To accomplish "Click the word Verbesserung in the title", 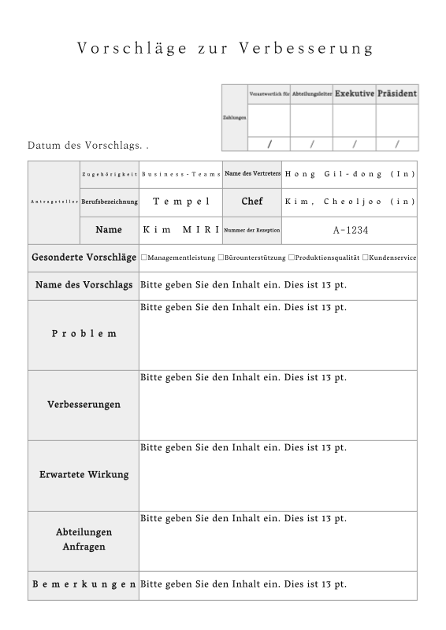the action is coord(314,48).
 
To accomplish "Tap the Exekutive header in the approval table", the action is coord(354,94).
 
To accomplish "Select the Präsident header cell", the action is coord(397,94).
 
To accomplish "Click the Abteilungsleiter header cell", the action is coord(311,94).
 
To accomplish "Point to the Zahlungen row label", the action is coord(235,117).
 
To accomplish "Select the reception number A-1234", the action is coord(350,230).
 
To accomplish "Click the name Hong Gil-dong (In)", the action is coord(350,173).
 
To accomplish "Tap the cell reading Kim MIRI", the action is coord(180,230).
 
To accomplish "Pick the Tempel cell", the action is coord(180,202).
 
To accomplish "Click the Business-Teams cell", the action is coord(180,173).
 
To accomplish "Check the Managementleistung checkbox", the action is coord(144,258).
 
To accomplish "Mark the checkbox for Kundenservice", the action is coord(366,258).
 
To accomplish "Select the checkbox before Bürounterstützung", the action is coord(221,258).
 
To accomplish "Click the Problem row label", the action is coord(84,334).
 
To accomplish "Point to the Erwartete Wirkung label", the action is coord(84,475).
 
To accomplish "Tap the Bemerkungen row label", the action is coord(84,584).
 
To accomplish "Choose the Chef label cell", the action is coord(252,202).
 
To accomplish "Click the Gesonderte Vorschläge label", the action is coord(84,258).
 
